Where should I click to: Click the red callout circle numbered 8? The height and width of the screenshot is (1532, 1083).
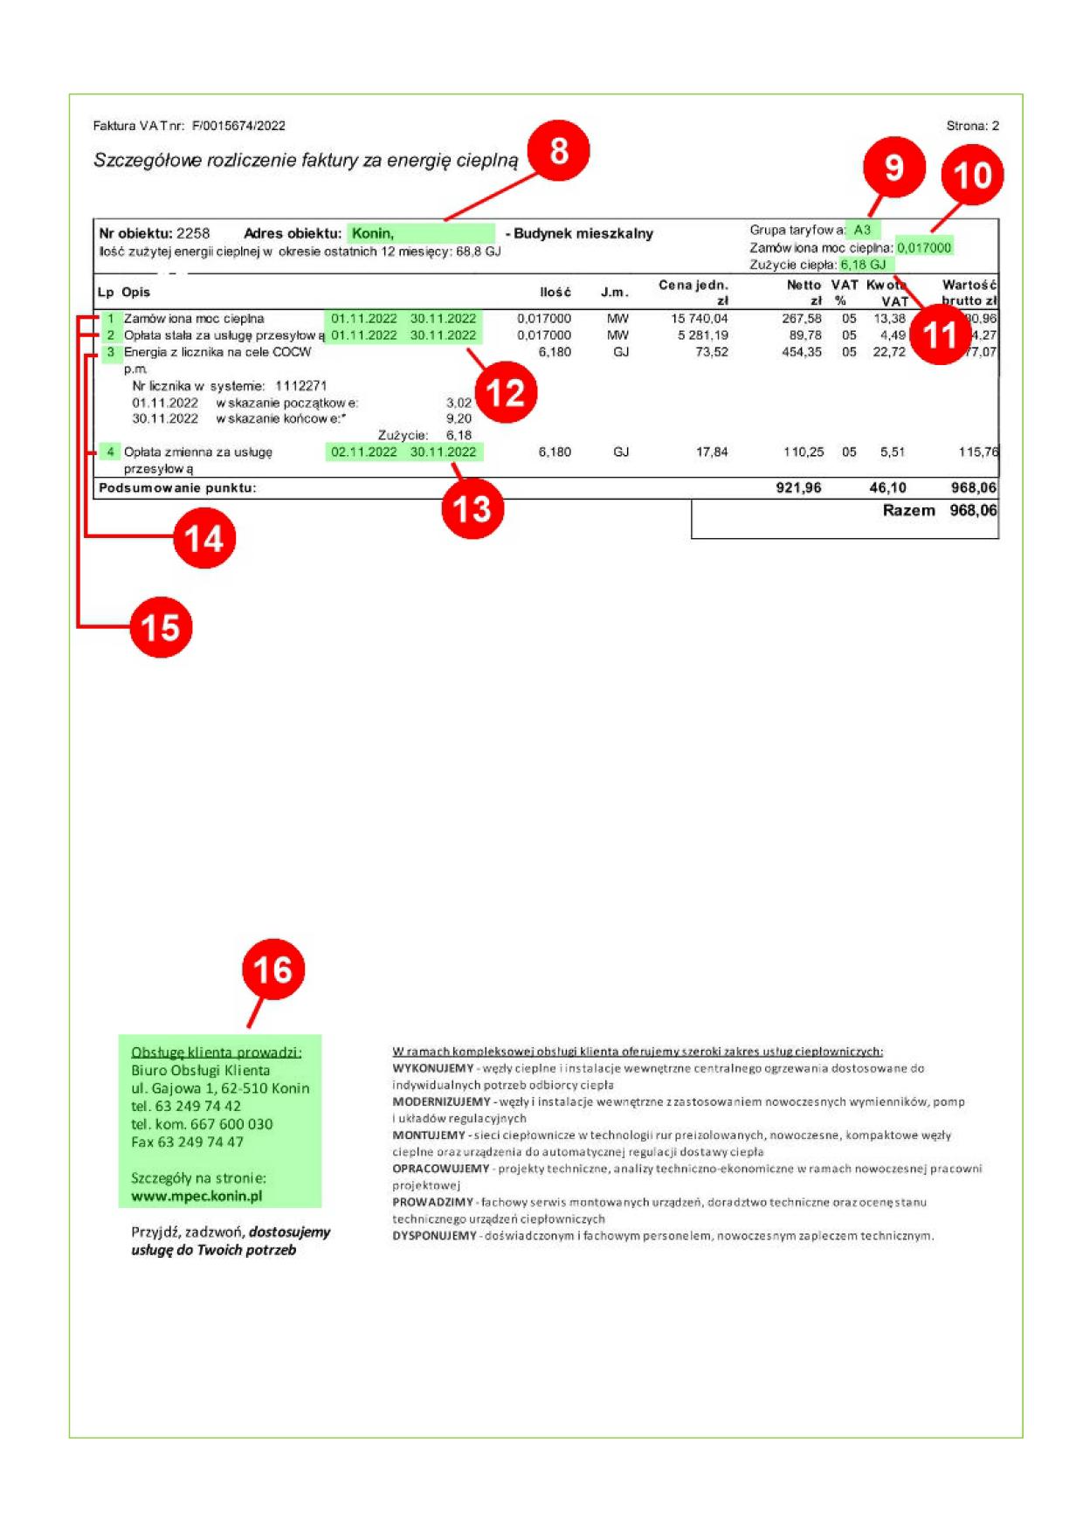[558, 151]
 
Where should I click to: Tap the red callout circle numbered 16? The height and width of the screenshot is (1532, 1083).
[272, 970]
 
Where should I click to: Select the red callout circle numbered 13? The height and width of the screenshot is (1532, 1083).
[473, 508]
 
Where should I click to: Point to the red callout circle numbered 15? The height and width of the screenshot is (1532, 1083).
[161, 627]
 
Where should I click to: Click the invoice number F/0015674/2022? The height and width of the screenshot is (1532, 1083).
[238, 126]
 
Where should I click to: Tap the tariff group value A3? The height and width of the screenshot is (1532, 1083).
[862, 230]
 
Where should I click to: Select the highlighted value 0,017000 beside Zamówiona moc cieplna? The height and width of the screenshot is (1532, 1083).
[924, 247]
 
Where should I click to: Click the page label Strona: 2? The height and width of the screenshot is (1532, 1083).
[972, 126]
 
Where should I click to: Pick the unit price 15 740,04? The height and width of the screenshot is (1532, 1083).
[699, 319]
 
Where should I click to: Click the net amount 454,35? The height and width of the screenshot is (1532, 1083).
[801, 352]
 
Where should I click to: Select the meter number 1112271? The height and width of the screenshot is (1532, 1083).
[300, 385]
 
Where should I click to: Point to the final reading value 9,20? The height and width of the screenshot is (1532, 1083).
[459, 418]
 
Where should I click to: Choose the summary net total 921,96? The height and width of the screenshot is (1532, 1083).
[798, 487]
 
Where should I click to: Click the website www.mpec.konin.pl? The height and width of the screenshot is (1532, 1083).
[197, 1196]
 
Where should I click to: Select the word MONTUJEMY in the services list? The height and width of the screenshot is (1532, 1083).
[429, 1135]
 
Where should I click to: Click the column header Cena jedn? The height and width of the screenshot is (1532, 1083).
[693, 285]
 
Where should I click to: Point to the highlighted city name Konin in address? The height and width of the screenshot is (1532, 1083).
[373, 233]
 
